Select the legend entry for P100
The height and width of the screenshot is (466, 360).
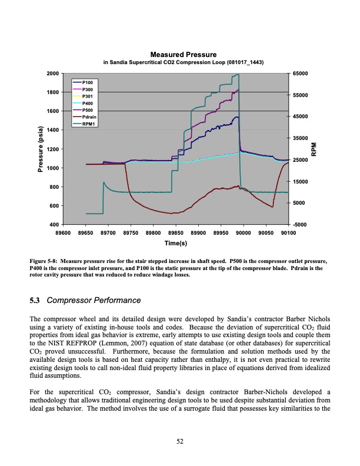(x=88, y=81)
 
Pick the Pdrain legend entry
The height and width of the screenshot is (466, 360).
(x=89, y=117)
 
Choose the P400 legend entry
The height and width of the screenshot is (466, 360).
(x=88, y=103)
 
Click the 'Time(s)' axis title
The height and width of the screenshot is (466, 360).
(x=175, y=242)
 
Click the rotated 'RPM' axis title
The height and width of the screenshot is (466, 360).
(x=314, y=149)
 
